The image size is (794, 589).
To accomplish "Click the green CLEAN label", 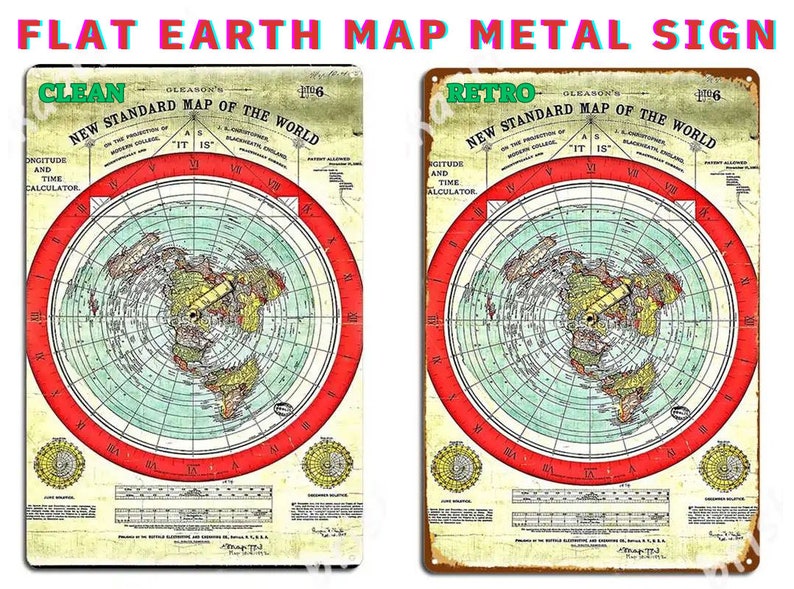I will [x=82, y=94].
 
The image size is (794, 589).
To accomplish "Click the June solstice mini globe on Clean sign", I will [x=59, y=463].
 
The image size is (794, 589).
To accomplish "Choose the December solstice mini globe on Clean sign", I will [x=325, y=463].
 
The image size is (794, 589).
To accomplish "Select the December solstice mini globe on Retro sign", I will [x=723, y=465].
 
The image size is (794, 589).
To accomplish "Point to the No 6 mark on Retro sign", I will [x=727, y=95].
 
